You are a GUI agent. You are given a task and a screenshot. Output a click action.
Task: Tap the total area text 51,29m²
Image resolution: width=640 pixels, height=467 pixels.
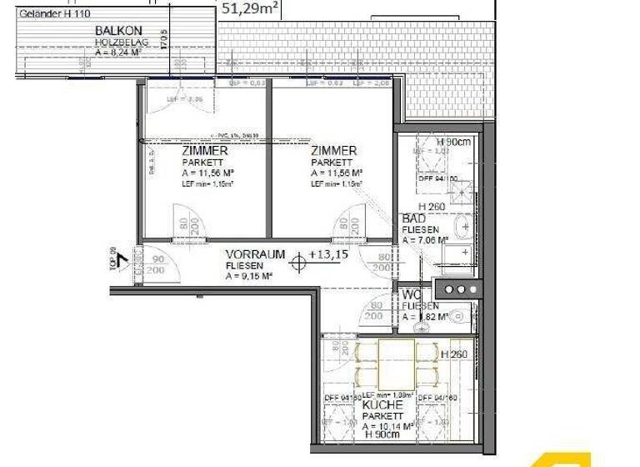(250, 9)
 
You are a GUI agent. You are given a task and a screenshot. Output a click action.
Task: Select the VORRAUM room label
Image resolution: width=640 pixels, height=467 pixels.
(255, 254)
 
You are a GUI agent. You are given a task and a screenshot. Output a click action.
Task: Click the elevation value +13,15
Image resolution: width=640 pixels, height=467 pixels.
(330, 254)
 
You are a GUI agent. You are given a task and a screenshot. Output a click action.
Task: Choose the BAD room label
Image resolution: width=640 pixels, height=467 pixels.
(414, 218)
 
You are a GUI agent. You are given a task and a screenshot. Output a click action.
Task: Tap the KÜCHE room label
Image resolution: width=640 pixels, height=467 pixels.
(383, 404)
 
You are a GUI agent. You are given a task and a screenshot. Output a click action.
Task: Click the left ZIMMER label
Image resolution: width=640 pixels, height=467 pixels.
(205, 151)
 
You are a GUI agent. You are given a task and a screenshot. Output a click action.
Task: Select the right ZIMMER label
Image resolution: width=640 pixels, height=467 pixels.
(333, 151)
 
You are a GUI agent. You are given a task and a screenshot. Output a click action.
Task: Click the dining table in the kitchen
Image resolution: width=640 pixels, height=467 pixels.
(397, 364)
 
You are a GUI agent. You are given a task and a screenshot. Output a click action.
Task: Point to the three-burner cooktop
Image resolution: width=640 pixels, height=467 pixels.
(458, 289)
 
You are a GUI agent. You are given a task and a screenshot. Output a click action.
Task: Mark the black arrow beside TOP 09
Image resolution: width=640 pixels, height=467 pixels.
(122, 260)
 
